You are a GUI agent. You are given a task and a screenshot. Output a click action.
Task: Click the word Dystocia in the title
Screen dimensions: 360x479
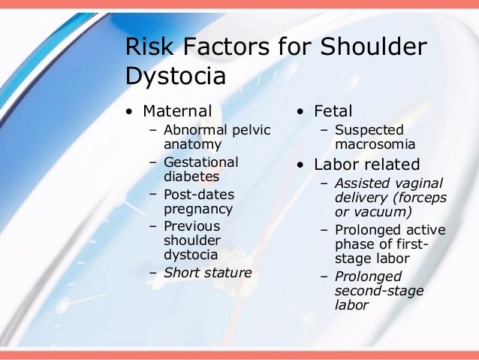(175, 77)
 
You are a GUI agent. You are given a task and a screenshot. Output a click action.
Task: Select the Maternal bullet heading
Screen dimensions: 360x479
(177, 111)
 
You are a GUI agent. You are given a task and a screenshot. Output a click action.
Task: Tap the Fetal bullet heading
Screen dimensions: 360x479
(333, 111)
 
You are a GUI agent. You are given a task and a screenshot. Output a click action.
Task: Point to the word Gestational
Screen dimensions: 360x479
(201, 162)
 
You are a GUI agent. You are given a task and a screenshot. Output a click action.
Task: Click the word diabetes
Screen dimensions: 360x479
(191, 177)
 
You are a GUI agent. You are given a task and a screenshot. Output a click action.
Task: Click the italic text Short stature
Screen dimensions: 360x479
(208, 272)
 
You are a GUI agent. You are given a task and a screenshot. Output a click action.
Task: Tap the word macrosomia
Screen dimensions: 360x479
(375, 144)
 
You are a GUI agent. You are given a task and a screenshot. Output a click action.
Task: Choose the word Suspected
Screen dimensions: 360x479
(369, 130)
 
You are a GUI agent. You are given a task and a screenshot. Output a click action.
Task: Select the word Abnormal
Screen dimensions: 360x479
(195, 130)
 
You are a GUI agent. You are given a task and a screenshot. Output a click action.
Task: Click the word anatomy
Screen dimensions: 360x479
(192, 144)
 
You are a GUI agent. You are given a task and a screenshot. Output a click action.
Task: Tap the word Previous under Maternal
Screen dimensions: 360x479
(191, 226)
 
